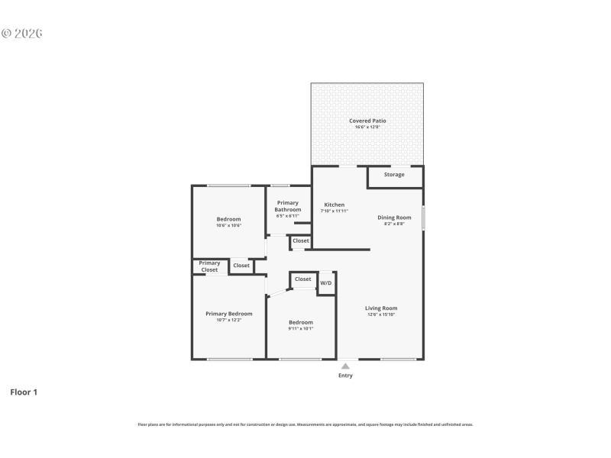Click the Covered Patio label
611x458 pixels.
367,121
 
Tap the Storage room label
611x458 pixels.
394,175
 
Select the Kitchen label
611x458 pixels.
335,205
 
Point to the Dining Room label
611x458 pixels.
394,218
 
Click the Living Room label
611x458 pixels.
381,308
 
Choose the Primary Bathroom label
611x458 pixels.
288,206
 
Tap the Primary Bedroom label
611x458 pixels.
228,314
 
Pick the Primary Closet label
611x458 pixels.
209,266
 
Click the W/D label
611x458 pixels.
326,283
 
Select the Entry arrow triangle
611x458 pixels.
345,366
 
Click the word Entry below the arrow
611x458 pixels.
345,376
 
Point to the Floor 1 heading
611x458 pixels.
24,392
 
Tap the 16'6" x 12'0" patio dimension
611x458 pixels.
367,127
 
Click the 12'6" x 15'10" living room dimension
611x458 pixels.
381,315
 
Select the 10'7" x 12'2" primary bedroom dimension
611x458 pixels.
228,321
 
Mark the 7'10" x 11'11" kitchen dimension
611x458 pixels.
335,211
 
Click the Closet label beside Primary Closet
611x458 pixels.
241,266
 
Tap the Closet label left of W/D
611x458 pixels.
303,279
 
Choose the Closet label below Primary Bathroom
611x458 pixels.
301,241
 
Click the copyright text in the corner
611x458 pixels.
21,34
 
